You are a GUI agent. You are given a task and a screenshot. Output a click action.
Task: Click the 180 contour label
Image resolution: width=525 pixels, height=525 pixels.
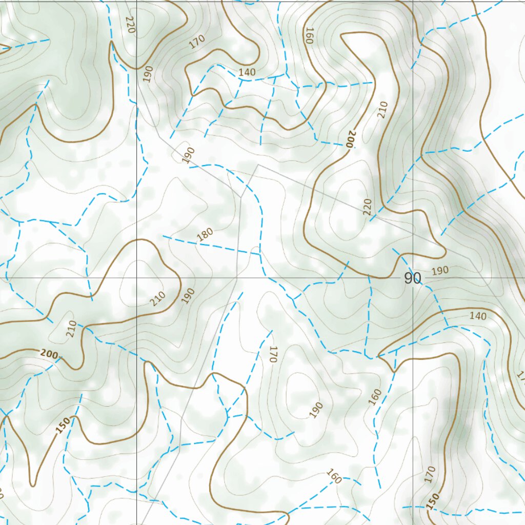pyautogui.click(x=205, y=235)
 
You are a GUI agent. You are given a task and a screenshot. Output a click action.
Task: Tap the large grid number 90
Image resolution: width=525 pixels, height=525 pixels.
pyautogui.click(x=412, y=278)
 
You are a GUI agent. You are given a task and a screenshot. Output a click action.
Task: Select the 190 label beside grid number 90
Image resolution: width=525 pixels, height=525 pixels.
pyautogui.click(x=440, y=270)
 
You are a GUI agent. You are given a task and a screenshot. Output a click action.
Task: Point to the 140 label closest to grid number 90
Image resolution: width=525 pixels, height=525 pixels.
pyautogui.click(x=478, y=316)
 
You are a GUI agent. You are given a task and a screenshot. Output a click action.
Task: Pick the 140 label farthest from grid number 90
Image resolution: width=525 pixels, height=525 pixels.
pyautogui.click(x=247, y=72)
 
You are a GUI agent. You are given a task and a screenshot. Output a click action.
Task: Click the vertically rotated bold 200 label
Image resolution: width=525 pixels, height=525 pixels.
pyautogui.click(x=350, y=139)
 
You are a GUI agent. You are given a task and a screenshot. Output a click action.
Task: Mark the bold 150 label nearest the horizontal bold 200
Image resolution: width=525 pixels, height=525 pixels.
pyautogui.click(x=63, y=425)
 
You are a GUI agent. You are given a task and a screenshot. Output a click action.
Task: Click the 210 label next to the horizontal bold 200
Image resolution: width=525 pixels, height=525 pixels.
pyautogui.click(x=71, y=328)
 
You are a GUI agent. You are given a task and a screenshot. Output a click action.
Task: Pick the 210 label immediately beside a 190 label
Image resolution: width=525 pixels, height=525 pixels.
pyautogui.click(x=158, y=298)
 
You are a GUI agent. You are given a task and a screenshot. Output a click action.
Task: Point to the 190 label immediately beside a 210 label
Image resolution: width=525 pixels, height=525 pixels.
pyautogui.click(x=188, y=296)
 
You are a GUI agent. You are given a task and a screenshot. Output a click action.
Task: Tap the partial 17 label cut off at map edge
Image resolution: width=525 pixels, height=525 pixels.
pyautogui.click(x=521, y=378)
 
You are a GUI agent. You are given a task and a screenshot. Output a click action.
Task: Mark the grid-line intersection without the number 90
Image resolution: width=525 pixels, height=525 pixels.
pyautogui.click(x=137, y=277)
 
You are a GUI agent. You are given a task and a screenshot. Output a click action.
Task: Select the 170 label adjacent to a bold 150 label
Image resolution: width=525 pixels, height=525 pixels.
pyautogui.click(x=430, y=474)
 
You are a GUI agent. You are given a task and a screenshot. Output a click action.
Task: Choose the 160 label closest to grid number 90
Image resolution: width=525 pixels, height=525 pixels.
pyautogui.click(x=375, y=397)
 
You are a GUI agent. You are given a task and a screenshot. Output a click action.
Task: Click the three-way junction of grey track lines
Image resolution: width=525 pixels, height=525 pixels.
pyautogui.click(x=241, y=197)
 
